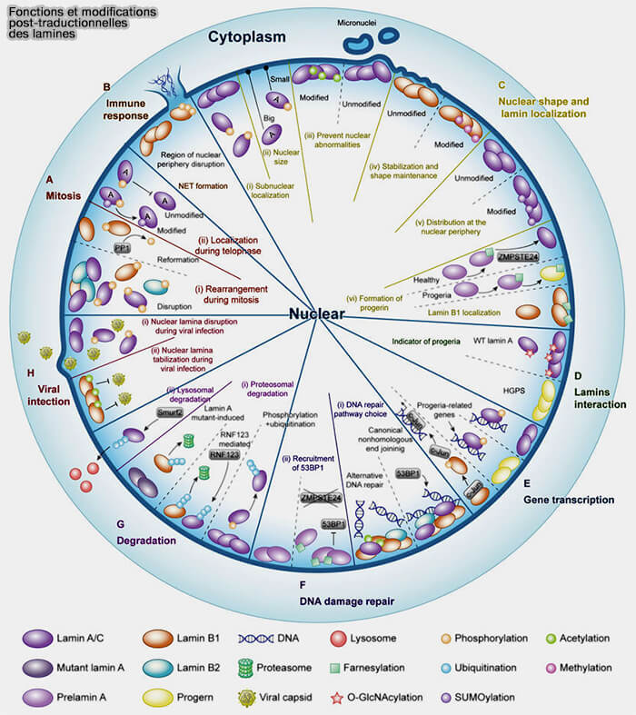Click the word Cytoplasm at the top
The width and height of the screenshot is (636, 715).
[246, 37]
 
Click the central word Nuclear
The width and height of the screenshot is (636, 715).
[317, 314]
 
